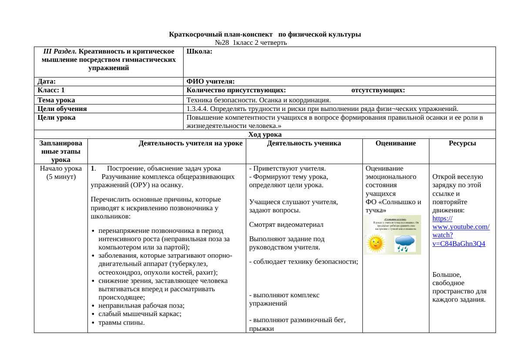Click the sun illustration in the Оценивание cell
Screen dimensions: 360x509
375,243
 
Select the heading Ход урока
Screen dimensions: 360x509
265,135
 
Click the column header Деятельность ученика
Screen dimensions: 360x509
304,143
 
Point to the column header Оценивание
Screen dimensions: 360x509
395,143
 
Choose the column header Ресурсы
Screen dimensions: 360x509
462,143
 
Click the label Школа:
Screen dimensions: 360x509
199,51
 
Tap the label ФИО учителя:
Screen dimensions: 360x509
211,81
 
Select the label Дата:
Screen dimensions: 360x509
47,81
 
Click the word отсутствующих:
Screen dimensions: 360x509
378,91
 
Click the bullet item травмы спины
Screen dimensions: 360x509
121,323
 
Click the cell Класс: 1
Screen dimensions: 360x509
51,91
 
